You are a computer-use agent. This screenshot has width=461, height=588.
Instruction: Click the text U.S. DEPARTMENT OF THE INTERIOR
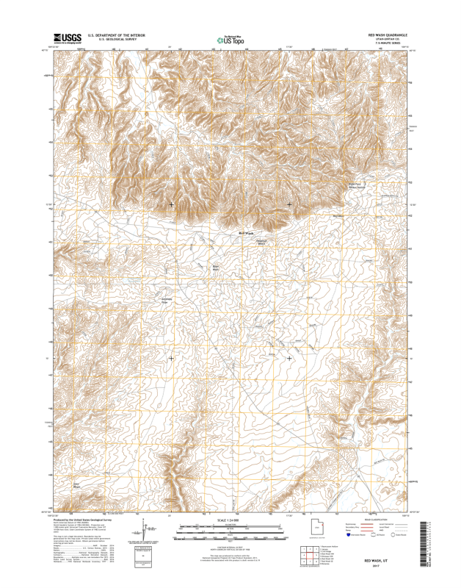117,35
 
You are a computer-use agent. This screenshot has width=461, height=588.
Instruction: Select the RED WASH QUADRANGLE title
386,35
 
